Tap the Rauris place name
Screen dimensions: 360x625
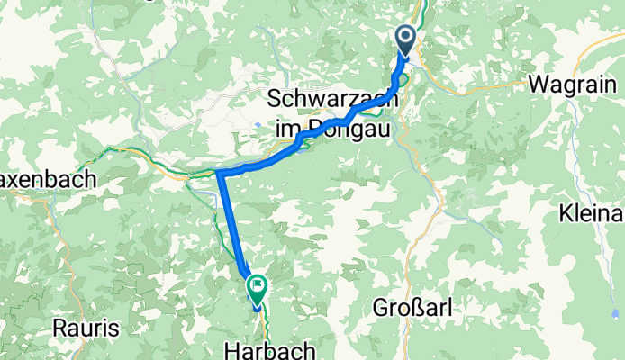(86, 328)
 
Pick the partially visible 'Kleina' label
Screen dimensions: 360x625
(592, 214)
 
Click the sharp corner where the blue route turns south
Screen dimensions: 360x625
(220, 172)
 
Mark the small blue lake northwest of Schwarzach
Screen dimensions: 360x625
(258, 125)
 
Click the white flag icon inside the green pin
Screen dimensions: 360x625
(258, 287)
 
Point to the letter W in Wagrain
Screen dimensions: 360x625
(539, 85)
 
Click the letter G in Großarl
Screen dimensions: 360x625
(380, 308)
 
